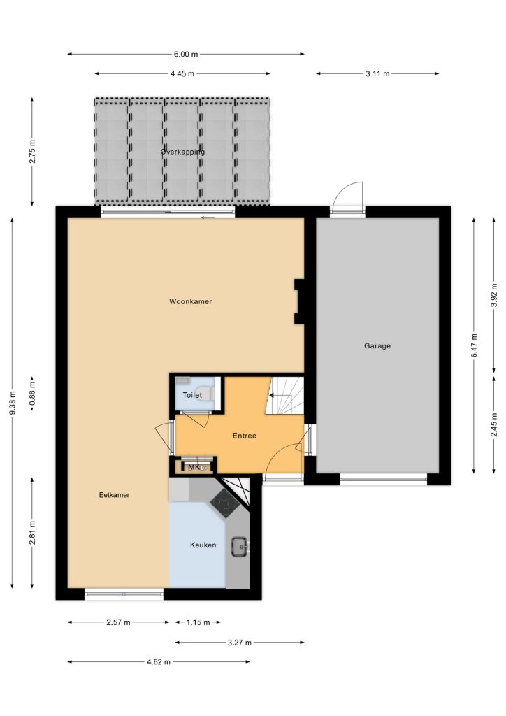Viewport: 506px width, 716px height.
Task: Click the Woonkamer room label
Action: (190, 301)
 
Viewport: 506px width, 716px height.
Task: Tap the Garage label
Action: (377, 345)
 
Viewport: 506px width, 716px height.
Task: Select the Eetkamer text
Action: (114, 494)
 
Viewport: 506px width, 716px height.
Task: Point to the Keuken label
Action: (203, 545)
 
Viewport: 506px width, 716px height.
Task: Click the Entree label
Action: (245, 436)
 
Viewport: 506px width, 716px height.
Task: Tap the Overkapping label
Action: (182, 152)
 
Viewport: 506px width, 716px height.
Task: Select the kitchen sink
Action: (240, 546)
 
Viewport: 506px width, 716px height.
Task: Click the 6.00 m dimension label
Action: (186, 54)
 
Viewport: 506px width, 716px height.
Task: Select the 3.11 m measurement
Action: (377, 73)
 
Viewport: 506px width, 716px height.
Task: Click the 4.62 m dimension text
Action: (159, 661)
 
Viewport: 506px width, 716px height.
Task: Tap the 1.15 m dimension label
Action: (198, 622)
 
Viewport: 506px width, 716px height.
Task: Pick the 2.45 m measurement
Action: (494, 424)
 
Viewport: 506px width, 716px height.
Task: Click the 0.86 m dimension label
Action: (32, 394)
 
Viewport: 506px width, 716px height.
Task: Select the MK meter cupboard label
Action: (194, 467)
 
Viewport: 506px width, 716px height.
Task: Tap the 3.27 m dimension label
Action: (240, 643)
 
